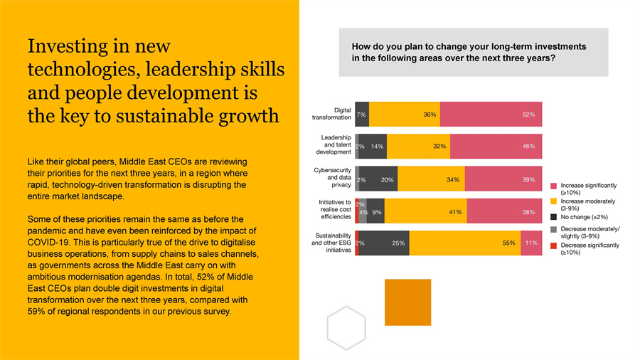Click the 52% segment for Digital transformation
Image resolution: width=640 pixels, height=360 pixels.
pyautogui.click(x=491, y=114)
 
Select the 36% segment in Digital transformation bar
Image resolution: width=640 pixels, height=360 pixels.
pyautogui.click(x=405, y=114)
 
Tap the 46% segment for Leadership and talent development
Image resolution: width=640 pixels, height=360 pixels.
pyautogui.click(x=496, y=146)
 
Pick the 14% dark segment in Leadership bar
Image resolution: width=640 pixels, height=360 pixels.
pyautogui.click(x=375, y=146)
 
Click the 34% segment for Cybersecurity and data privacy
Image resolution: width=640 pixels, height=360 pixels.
pyautogui.click(x=431, y=180)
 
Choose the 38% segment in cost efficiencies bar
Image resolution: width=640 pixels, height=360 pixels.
pyautogui.click(x=504, y=211)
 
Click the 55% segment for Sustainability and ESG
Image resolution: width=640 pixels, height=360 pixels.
pyautogui.click(x=465, y=243)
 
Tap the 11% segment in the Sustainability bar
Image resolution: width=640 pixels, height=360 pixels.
pyautogui.click(x=531, y=243)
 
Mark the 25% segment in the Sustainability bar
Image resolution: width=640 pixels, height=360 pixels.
pyautogui.click(x=384, y=243)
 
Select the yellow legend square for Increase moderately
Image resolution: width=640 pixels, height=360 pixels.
pyautogui.click(x=553, y=201)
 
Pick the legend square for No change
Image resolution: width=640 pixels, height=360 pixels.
pyautogui.click(x=553, y=217)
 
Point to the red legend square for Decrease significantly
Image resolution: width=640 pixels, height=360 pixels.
pyautogui.click(x=553, y=245)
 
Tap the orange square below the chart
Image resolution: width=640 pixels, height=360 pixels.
pyautogui.click(x=407, y=302)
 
